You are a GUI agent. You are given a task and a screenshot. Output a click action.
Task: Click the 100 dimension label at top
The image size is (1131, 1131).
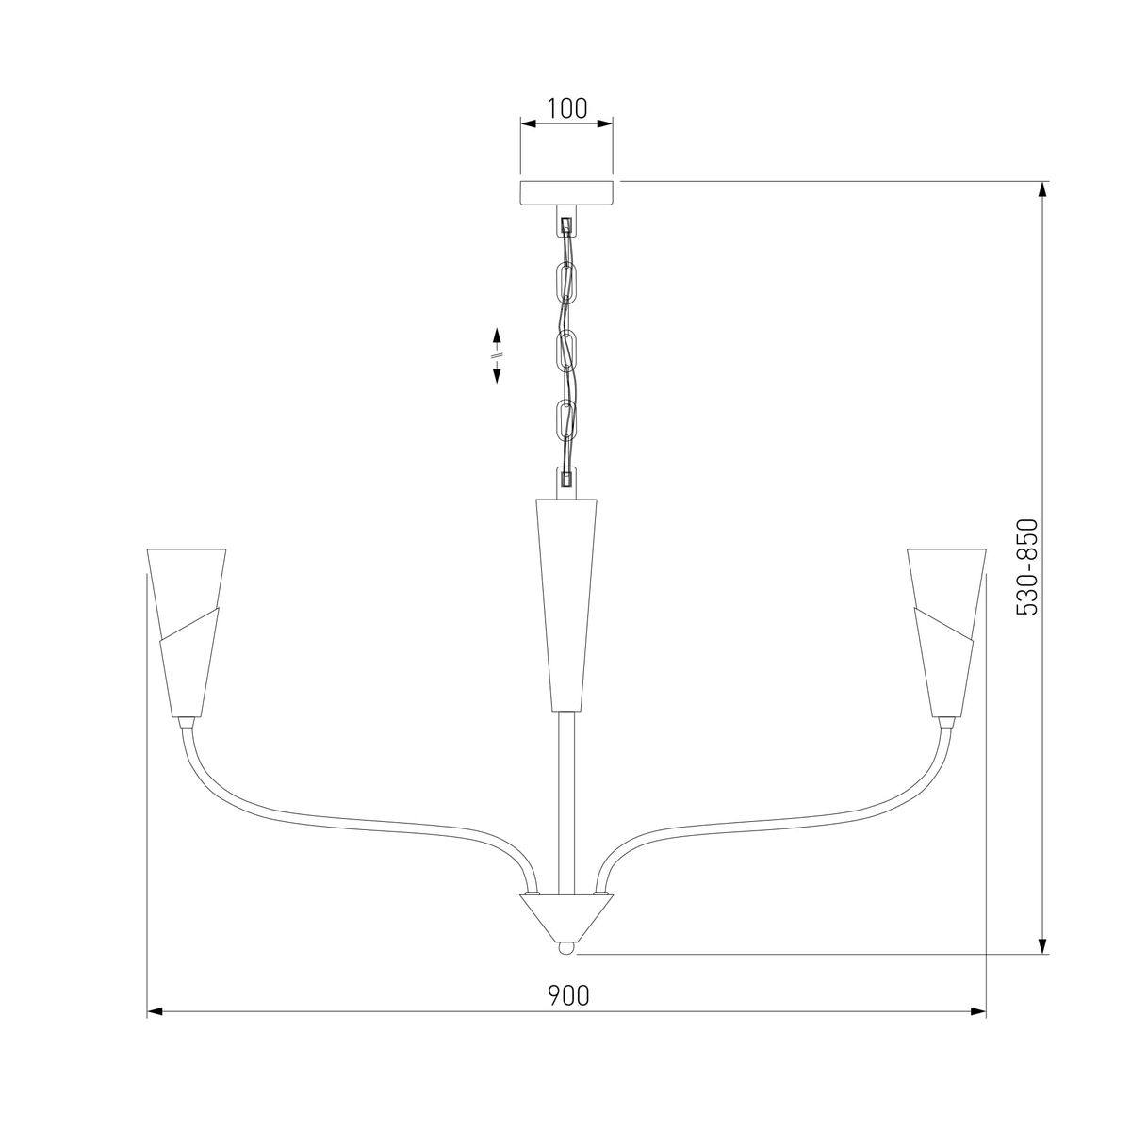coord(566,107)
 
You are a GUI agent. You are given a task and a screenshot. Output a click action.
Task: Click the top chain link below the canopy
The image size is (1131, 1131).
coord(567,280)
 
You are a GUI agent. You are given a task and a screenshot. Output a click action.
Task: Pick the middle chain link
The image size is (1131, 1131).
coord(567,351)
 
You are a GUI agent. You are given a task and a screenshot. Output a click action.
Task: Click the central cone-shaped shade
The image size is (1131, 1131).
coord(566,603)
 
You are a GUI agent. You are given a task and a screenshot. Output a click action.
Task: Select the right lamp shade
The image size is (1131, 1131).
coord(945,630)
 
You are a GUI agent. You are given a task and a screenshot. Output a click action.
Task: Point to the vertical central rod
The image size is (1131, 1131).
coord(566,801)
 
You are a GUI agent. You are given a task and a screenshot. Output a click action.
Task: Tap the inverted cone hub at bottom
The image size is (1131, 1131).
coord(566,914)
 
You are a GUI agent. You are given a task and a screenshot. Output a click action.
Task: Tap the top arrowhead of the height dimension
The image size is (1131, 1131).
coord(1043,188)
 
